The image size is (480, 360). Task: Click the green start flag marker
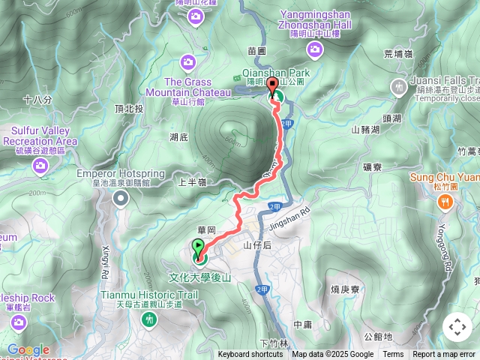[198, 247]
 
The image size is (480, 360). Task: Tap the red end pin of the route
[273, 86]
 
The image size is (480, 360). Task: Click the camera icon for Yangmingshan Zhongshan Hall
[315, 49]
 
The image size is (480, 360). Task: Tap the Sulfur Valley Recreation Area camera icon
[40, 166]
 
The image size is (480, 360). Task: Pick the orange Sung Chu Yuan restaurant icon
[445, 201]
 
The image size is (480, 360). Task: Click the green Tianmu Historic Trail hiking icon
[148, 319]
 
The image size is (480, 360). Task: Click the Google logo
[28, 350]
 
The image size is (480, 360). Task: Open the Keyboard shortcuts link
[250, 355]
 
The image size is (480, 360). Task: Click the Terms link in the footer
[393, 355]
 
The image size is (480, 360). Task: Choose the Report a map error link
[444, 355]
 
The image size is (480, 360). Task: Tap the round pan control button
[457, 327]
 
